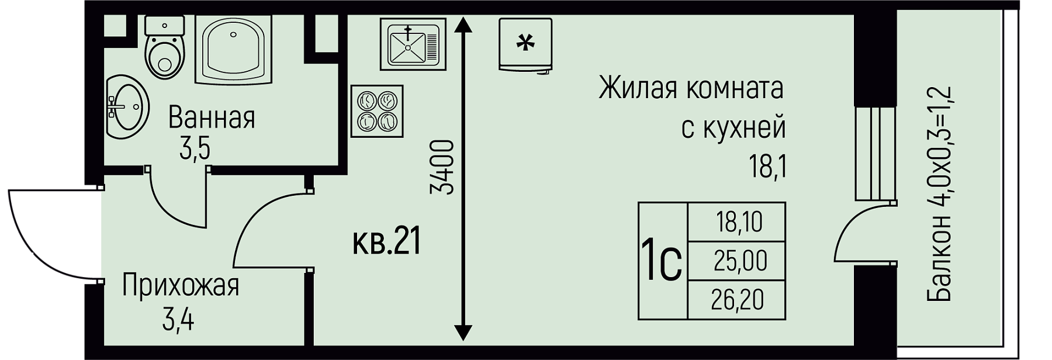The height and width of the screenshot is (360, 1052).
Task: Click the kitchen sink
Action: [x=413, y=42]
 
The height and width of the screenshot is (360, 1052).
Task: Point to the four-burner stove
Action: [x=377, y=112]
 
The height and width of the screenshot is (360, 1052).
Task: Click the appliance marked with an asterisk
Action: [x=525, y=44]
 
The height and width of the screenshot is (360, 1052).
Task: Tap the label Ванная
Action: [x=212, y=119]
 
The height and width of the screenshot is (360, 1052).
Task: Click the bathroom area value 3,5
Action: [x=195, y=150]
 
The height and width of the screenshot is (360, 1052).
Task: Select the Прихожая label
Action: [x=181, y=287]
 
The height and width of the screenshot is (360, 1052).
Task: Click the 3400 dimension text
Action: [x=442, y=167]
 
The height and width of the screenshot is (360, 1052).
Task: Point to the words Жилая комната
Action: [x=690, y=89]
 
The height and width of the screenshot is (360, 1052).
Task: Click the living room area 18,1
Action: [x=767, y=168]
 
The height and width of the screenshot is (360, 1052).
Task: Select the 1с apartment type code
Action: [x=662, y=262]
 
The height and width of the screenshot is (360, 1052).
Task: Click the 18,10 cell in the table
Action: [x=738, y=223]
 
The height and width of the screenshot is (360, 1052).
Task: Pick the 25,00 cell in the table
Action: [x=740, y=261]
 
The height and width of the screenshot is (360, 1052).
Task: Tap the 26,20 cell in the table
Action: [x=738, y=300]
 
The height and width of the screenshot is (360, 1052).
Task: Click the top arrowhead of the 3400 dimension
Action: [x=463, y=24]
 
